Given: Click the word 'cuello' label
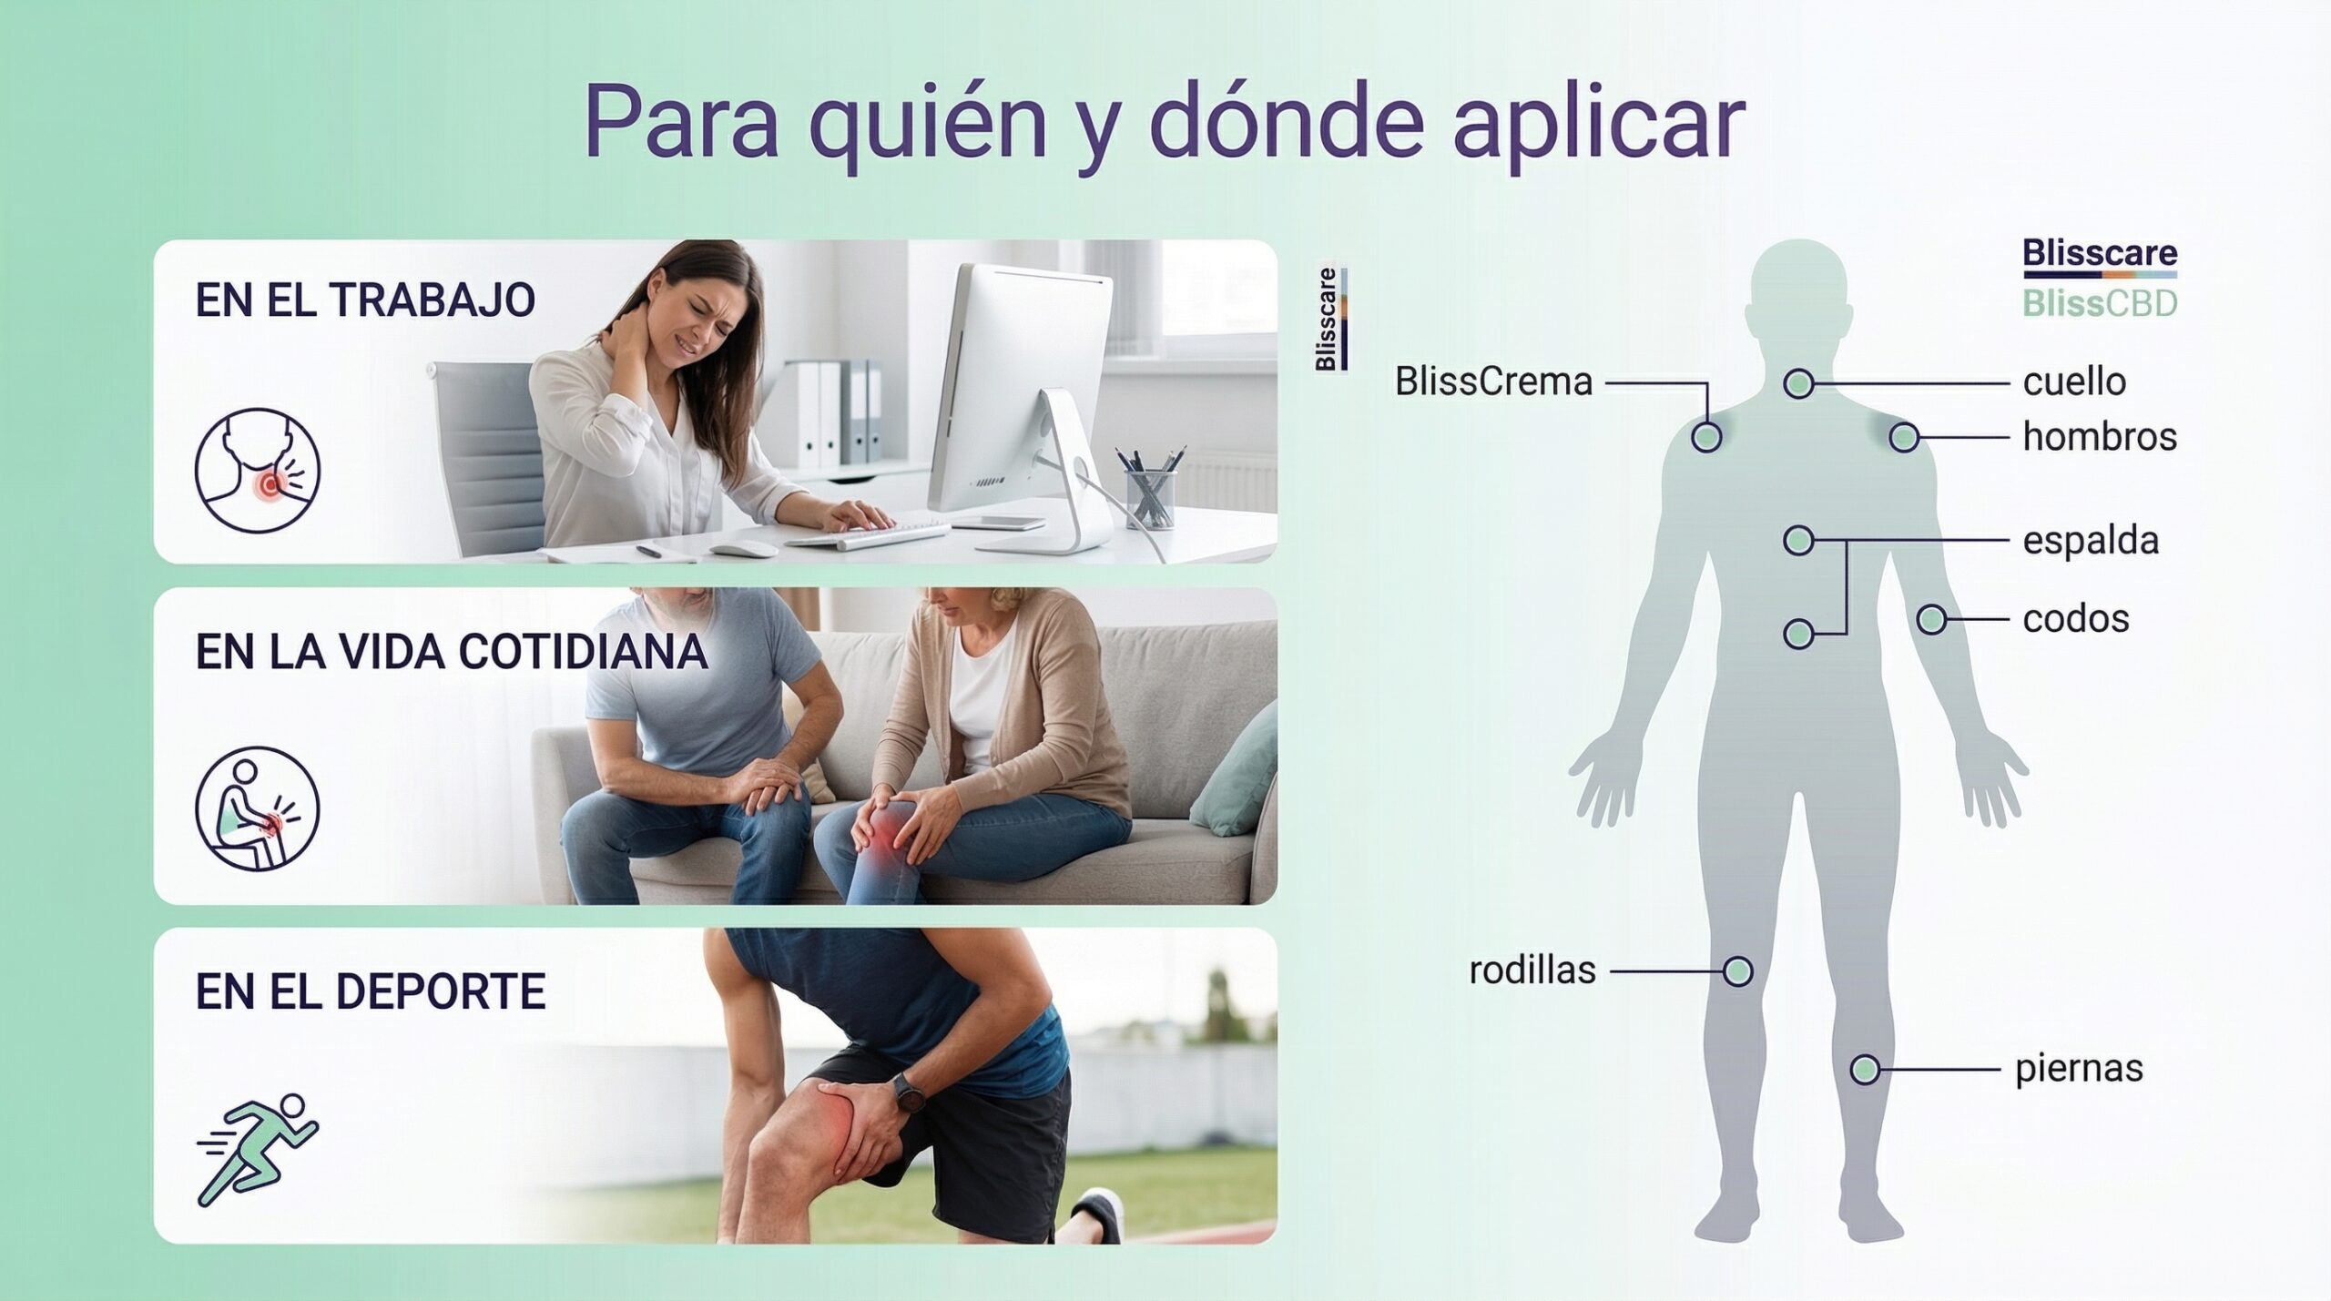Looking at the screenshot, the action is (x=2074, y=382).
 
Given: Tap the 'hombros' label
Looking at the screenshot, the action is (x=2100, y=437).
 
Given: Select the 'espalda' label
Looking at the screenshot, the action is (x=2091, y=542).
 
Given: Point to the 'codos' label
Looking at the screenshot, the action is (x=2076, y=619).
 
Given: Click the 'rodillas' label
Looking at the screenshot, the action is (x=1532, y=971).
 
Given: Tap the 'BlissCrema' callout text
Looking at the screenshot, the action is (x=1494, y=382).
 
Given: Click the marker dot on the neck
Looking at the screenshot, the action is (x=1798, y=383).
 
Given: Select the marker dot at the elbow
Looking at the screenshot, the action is (x=1931, y=620).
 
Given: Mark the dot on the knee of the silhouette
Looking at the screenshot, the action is (x=1737, y=971).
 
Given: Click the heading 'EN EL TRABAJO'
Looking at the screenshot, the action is (x=365, y=301).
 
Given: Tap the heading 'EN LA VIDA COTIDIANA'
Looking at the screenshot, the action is (x=452, y=652).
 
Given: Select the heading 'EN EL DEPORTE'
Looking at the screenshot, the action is (x=371, y=991).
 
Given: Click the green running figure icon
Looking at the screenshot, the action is (x=258, y=1150).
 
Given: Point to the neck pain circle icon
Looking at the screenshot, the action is (x=258, y=470).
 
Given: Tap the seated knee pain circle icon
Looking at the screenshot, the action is (x=258, y=808).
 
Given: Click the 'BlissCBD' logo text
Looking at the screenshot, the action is (x=2100, y=303).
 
